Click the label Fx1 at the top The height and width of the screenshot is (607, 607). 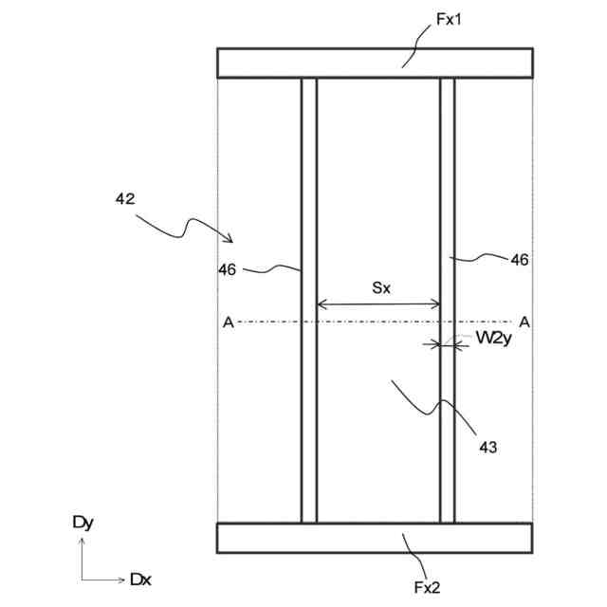(x=449, y=19)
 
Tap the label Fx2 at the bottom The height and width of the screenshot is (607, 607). (x=427, y=588)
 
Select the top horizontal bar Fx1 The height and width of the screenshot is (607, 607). (x=374, y=63)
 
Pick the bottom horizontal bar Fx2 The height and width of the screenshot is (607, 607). (x=374, y=537)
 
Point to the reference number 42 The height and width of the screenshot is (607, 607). (x=124, y=199)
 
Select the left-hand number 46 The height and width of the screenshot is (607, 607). (x=227, y=269)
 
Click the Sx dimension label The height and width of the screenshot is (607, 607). (x=379, y=287)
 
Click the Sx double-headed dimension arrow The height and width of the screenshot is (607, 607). (x=378, y=304)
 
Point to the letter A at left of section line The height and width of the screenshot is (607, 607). (x=228, y=322)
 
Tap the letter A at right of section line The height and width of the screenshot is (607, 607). (x=524, y=322)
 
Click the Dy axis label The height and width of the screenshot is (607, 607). (x=83, y=523)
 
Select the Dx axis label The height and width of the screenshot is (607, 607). (x=140, y=579)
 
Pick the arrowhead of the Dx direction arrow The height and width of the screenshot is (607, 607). (x=120, y=579)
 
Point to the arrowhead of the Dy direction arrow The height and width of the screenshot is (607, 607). (x=83, y=541)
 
